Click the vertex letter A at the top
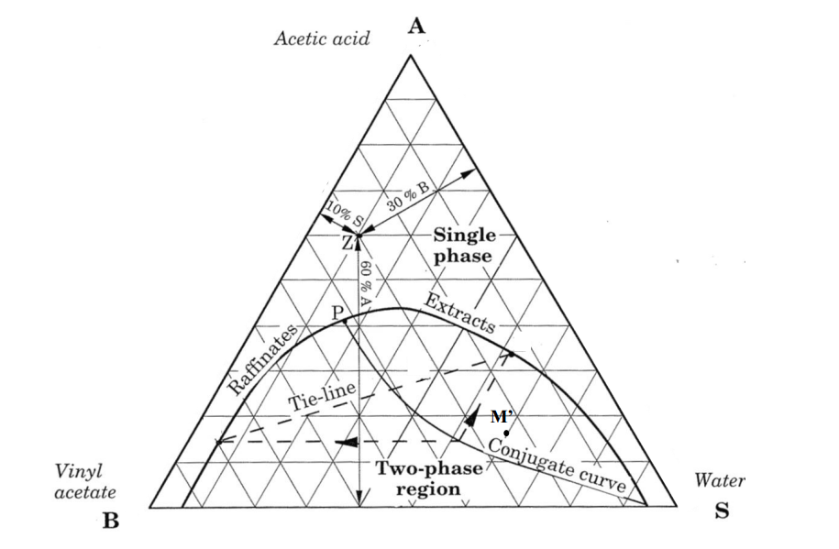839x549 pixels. click(416, 25)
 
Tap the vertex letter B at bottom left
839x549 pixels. click(110, 520)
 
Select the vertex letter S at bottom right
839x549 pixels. click(722, 511)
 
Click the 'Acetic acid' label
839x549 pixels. click(322, 38)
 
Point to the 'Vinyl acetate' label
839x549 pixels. click(85, 481)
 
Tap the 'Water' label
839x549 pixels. click(719, 480)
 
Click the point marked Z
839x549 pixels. click(359, 236)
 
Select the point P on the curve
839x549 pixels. click(345, 321)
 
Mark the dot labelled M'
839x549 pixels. click(506, 433)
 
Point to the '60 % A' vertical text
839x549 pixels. click(366, 283)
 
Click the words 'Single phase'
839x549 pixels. click(463, 245)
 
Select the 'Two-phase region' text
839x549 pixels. click(428, 478)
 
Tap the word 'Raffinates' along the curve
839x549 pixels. click(263, 359)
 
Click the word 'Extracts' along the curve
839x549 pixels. click(459, 313)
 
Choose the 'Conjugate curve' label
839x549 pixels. click(557, 464)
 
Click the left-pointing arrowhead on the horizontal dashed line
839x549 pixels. click(347, 442)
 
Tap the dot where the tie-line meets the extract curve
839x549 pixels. click(511, 354)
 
